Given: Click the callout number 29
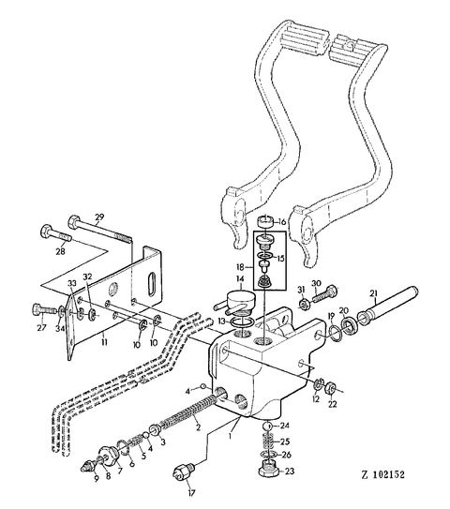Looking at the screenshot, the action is point(98,217).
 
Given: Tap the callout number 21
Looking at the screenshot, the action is point(373,293).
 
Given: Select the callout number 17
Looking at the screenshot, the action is point(191,493).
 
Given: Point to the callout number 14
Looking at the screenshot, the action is point(240,278).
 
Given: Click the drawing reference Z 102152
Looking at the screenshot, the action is point(383,475).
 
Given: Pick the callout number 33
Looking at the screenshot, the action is point(72,283).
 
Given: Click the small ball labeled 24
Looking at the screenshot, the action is point(266,426).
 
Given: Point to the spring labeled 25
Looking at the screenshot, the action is point(268,441).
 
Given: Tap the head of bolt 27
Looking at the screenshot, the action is point(37,309).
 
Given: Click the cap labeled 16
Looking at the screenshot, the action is point(266,223).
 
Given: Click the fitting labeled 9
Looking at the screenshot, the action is point(89,468).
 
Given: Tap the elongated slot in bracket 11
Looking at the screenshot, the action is point(152,285).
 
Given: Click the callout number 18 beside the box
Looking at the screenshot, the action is point(239,267).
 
